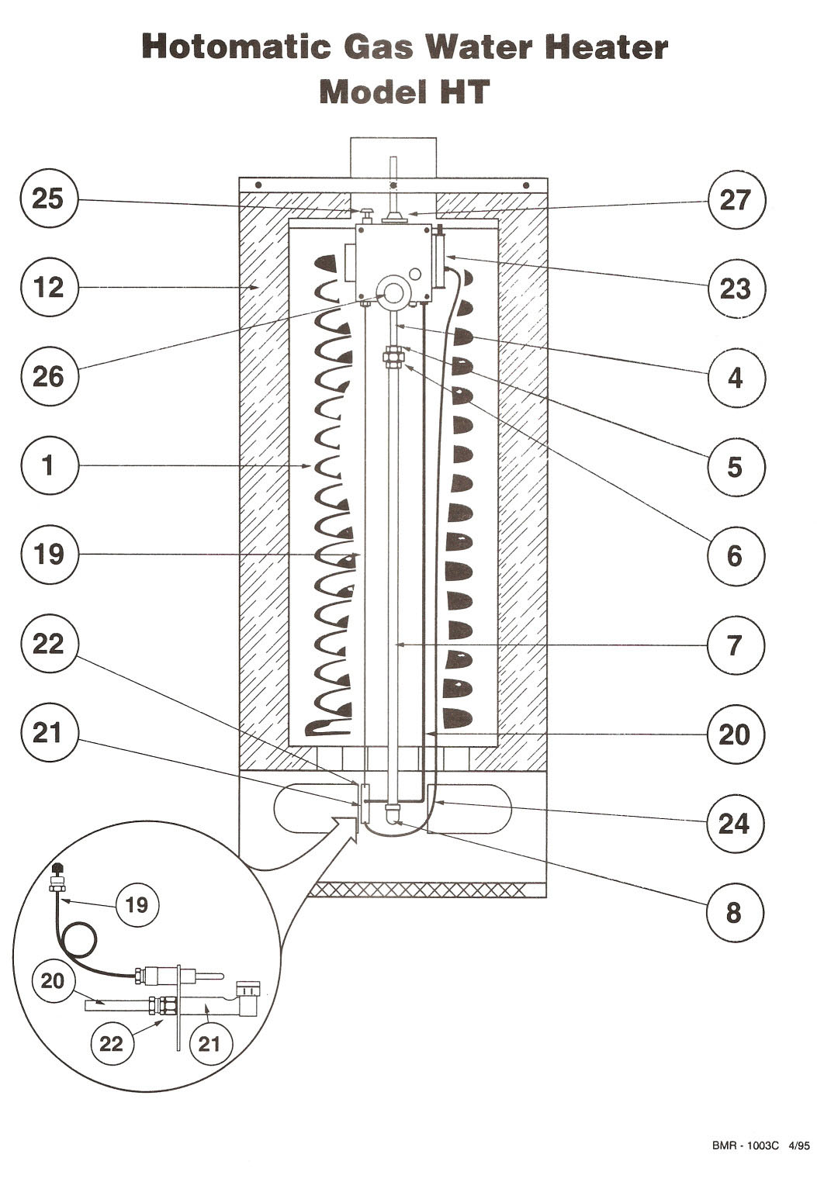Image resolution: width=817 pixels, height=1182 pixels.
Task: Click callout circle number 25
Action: point(48,199)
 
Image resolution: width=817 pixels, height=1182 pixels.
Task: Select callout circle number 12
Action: point(48,288)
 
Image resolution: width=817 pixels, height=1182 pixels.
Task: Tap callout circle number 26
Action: point(48,377)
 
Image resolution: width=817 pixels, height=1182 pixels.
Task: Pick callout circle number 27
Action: point(736,199)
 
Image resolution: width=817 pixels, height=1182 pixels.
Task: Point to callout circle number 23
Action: point(736,289)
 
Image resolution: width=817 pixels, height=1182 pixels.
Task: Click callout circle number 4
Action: point(736,378)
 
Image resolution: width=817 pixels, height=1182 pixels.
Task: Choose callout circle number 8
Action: point(734,913)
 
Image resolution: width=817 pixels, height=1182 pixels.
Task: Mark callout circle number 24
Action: point(734,823)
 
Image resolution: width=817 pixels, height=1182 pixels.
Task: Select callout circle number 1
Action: point(48,466)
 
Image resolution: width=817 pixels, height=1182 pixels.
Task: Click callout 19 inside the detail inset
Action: point(137,904)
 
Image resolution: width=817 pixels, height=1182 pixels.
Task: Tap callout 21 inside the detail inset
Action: point(209,1044)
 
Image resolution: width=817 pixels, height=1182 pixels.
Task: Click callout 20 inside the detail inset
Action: point(53,981)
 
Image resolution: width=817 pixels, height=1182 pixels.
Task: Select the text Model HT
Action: point(404,92)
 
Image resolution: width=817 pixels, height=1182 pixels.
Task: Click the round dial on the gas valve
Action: point(393,292)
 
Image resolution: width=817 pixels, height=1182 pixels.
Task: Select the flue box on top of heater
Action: point(393,157)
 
